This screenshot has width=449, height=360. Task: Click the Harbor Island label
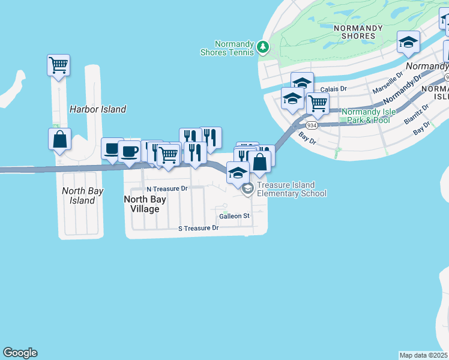point(98,109)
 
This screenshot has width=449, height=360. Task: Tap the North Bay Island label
point(83,196)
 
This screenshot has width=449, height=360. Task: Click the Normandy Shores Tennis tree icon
point(262,47)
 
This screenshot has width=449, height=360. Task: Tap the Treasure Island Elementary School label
point(292,189)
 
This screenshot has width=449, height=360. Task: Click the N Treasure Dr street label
point(167,188)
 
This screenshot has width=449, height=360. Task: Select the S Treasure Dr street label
point(199,228)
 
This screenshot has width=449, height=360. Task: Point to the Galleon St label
point(234,216)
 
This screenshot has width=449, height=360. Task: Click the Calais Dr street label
point(334,89)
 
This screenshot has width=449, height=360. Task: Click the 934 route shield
point(311,125)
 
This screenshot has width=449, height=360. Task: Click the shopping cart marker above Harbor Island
point(58,65)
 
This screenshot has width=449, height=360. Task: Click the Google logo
point(20,353)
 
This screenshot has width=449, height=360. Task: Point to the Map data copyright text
point(424,355)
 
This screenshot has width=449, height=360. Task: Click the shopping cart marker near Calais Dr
point(317,103)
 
